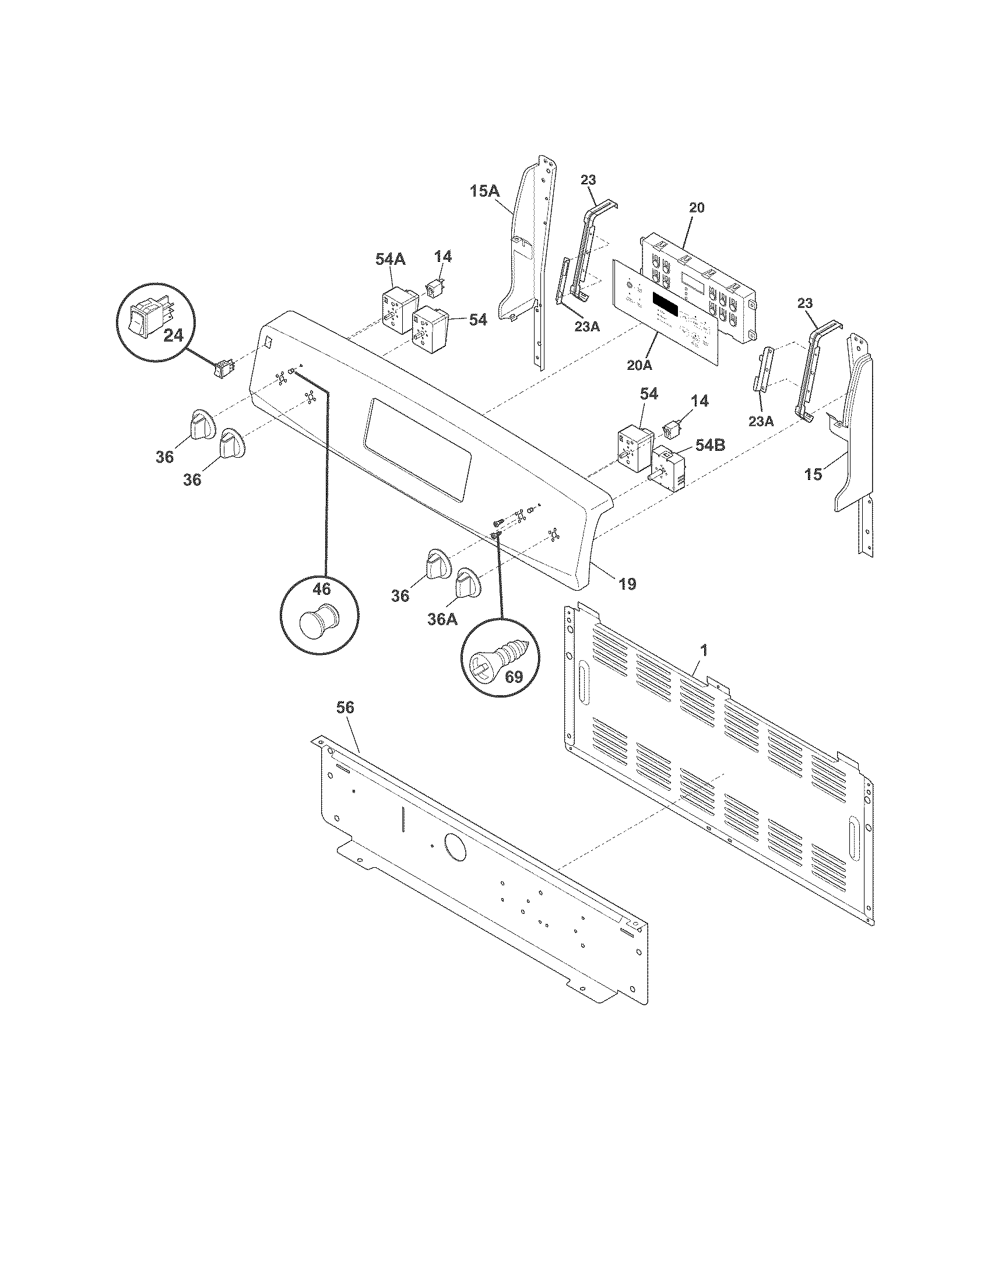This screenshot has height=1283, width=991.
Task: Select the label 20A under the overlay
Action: click(x=639, y=365)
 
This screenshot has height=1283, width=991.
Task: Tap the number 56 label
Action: click(x=345, y=708)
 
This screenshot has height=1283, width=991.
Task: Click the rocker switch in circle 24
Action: click(x=147, y=316)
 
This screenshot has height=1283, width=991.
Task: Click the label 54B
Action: click(x=709, y=446)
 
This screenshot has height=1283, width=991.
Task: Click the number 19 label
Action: click(x=627, y=583)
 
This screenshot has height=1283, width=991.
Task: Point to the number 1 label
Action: click(x=704, y=650)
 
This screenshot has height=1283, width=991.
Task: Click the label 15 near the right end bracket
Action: click(x=813, y=474)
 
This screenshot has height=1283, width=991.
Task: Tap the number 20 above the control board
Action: click(x=696, y=208)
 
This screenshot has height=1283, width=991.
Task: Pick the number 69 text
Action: click(x=514, y=677)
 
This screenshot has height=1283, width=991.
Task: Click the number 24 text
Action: click(x=173, y=336)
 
